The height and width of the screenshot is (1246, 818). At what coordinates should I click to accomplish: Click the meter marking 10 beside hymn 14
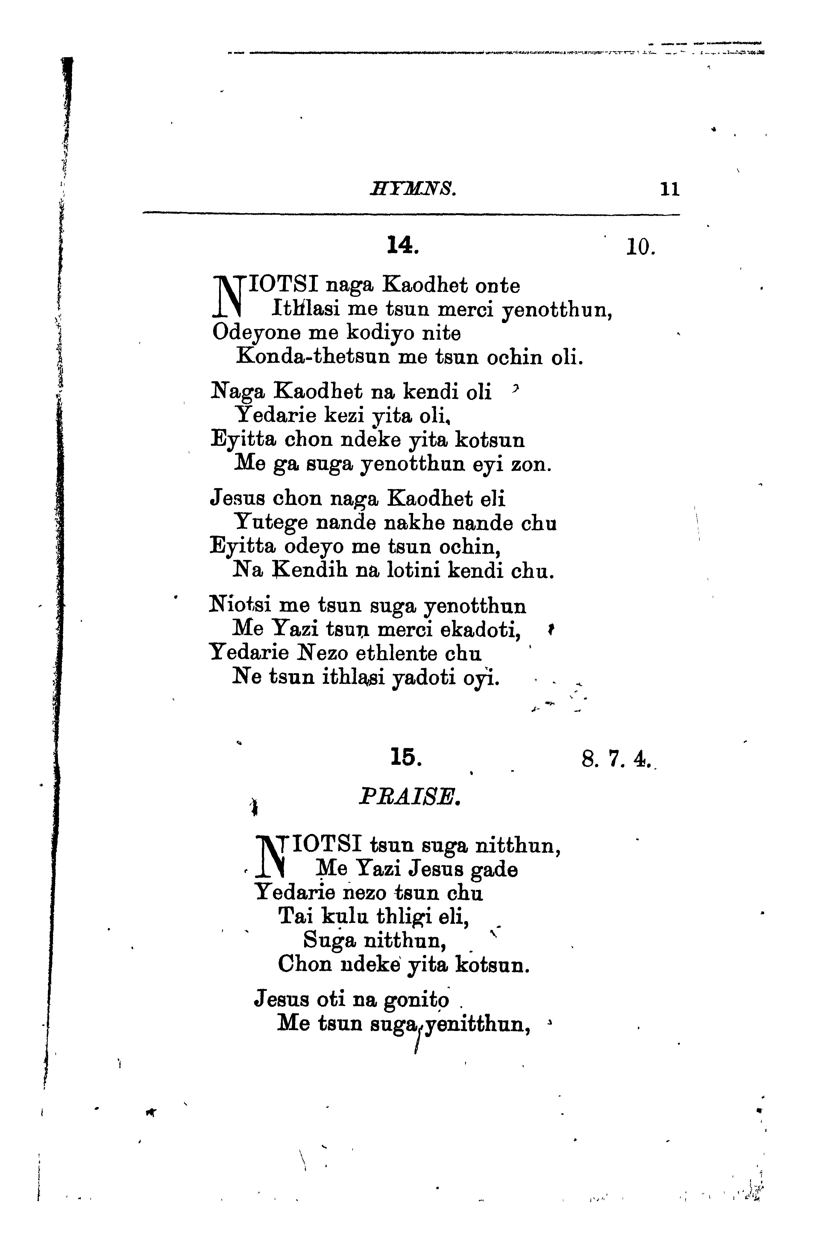point(641,246)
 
